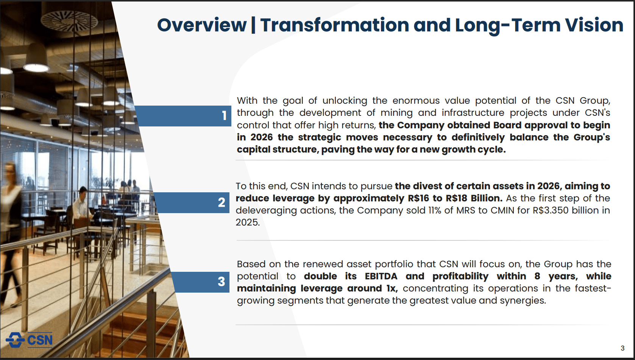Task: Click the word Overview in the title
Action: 201,25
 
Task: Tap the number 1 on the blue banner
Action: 224,116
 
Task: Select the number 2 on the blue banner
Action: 222,203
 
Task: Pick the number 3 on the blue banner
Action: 222,282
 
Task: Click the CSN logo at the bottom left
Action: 29,340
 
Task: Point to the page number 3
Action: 623,348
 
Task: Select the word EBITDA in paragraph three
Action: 381,276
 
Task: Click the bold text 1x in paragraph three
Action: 391,288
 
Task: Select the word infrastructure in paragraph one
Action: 473,113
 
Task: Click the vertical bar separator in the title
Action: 253,25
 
